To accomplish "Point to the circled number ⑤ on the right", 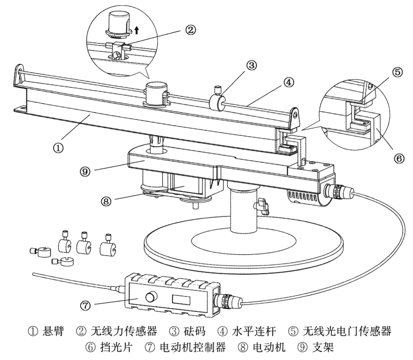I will [397, 72].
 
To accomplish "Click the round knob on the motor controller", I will [152, 298].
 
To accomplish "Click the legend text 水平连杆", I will [257, 331].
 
